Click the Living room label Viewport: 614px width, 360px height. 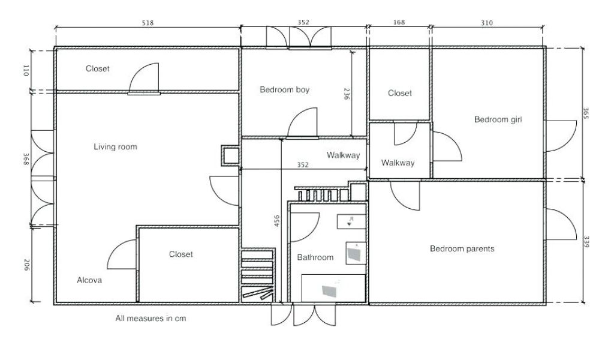point(115,146)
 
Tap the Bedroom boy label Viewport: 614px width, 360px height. point(284,90)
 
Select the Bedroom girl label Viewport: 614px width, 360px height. point(498,119)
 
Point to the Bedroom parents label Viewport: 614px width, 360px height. point(462,248)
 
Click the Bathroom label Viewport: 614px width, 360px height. point(315,257)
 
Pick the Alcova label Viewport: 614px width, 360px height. point(89,280)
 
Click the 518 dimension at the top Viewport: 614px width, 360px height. point(148,23)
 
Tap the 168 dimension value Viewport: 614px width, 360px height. point(399,23)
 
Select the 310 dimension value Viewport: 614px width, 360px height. point(486,23)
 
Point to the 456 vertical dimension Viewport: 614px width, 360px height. point(276,221)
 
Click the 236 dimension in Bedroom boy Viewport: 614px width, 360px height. point(346,94)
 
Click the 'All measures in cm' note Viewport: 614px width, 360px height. point(151,319)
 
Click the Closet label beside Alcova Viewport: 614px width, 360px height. point(180,254)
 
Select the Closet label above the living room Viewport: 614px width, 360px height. point(97,69)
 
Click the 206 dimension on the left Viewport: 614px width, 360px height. point(26,265)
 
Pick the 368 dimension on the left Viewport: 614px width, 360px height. point(26,158)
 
